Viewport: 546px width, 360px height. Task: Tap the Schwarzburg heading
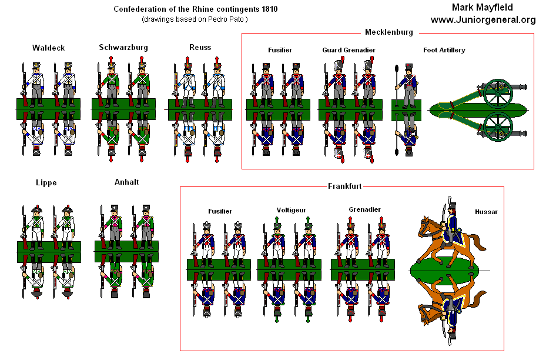[123, 47]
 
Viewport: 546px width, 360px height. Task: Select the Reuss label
[200, 47]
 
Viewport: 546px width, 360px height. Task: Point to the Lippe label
[46, 182]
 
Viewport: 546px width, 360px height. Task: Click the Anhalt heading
[127, 182]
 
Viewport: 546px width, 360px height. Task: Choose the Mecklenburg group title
[388, 32]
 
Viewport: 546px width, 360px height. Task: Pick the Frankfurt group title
[344, 186]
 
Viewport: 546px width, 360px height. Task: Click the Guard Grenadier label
[349, 50]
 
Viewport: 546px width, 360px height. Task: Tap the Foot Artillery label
[444, 50]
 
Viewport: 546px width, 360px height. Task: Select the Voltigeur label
[292, 210]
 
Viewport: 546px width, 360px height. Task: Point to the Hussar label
[486, 212]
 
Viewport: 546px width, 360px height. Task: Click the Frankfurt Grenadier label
[364, 209]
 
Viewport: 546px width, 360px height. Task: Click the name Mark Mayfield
[483, 8]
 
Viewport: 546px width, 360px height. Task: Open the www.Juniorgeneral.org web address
[483, 20]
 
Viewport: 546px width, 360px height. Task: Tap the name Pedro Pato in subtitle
[229, 19]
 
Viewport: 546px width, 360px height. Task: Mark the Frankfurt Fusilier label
[220, 211]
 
